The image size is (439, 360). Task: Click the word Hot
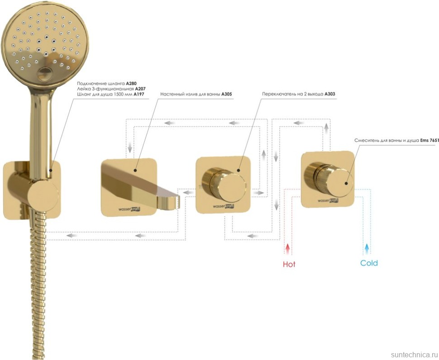[x=289, y=264]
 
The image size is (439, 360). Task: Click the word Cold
[x=369, y=263]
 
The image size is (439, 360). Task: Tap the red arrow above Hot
[x=287, y=249]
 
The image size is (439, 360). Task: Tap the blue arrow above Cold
[x=367, y=248]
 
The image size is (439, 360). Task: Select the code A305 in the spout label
[x=227, y=95]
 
